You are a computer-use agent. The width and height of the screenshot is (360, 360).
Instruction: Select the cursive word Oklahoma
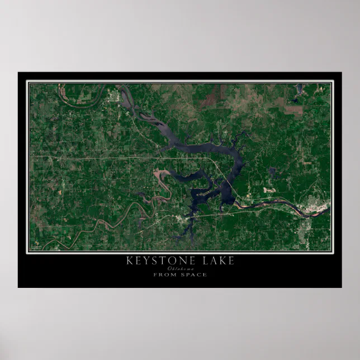(180, 269)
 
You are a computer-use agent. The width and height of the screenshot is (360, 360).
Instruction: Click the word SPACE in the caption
(194, 275)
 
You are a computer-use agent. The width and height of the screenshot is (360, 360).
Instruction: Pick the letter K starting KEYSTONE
(130, 260)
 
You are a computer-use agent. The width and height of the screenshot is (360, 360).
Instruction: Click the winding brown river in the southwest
(101, 224)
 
